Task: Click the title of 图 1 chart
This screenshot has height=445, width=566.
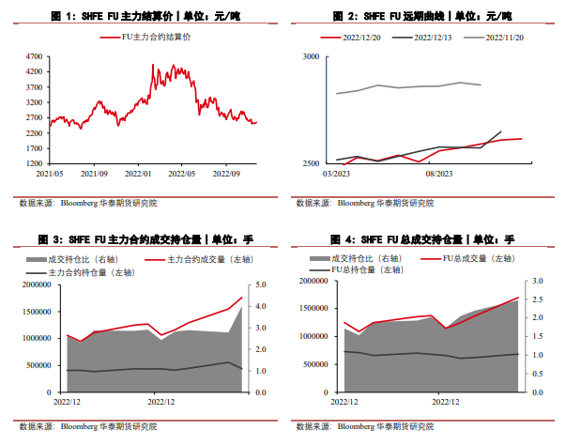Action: (x=145, y=17)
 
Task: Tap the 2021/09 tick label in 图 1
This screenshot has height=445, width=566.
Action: (x=94, y=174)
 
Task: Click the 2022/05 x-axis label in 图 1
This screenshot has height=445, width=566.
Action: (x=180, y=174)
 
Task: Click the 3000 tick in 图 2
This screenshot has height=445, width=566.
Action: (x=313, y=56)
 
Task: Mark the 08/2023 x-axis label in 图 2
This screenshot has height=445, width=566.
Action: (x=439, y=174)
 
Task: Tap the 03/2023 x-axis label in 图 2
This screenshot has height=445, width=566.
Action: (x=335, y=174)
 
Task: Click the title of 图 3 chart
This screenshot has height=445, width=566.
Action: (x=145, y=239)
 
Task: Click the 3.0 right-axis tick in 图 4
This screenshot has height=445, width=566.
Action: (x=538, y=281)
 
